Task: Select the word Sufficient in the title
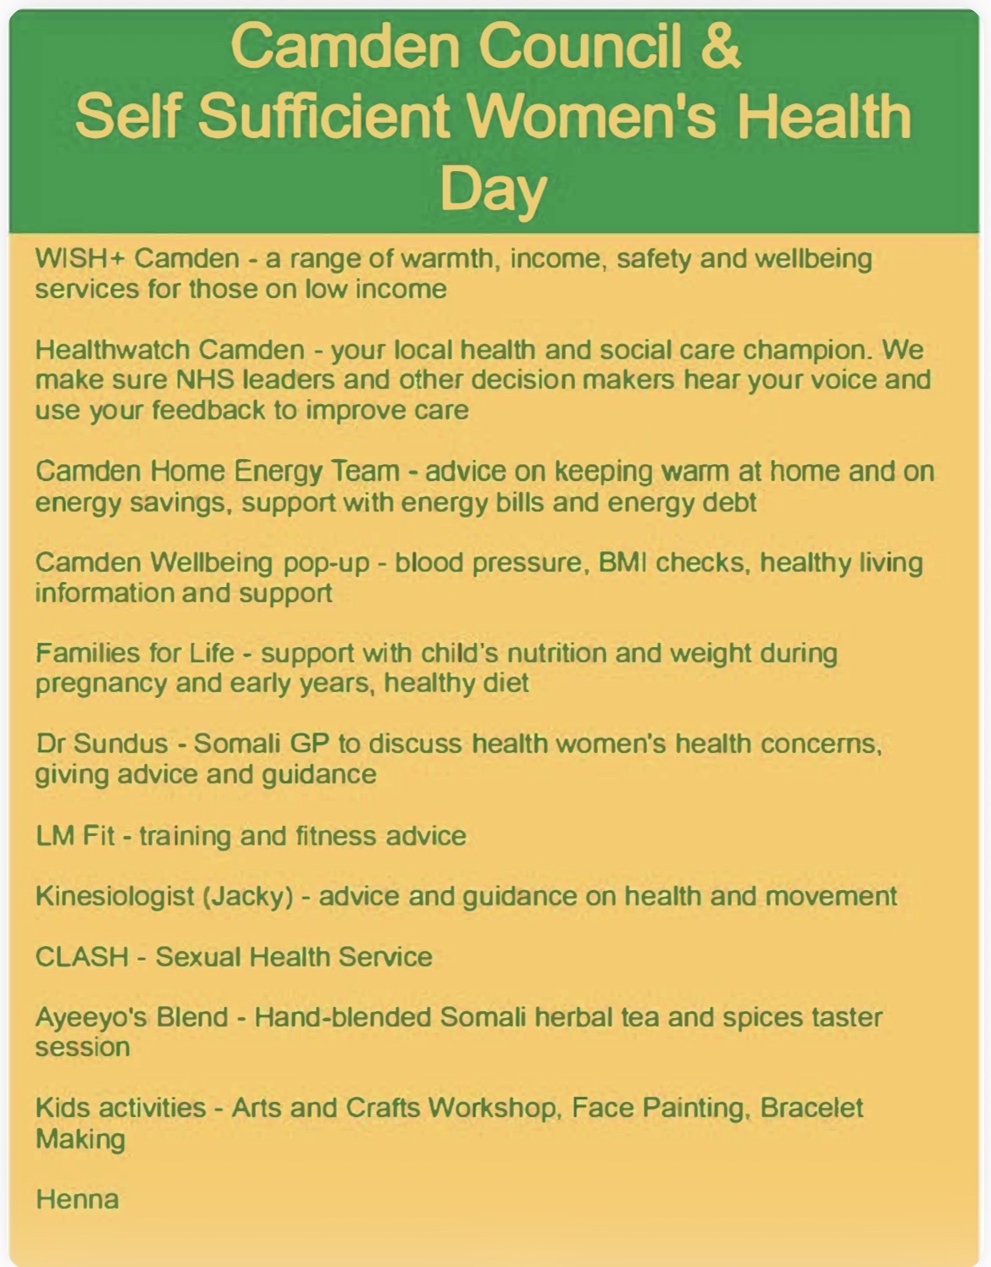point(323,116)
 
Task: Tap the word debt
point(730,501)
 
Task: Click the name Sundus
point(120,744)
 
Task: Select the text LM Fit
point(75,835)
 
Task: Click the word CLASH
point(82,957)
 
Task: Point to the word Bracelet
point(811,1107)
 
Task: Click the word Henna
point(78,1199)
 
